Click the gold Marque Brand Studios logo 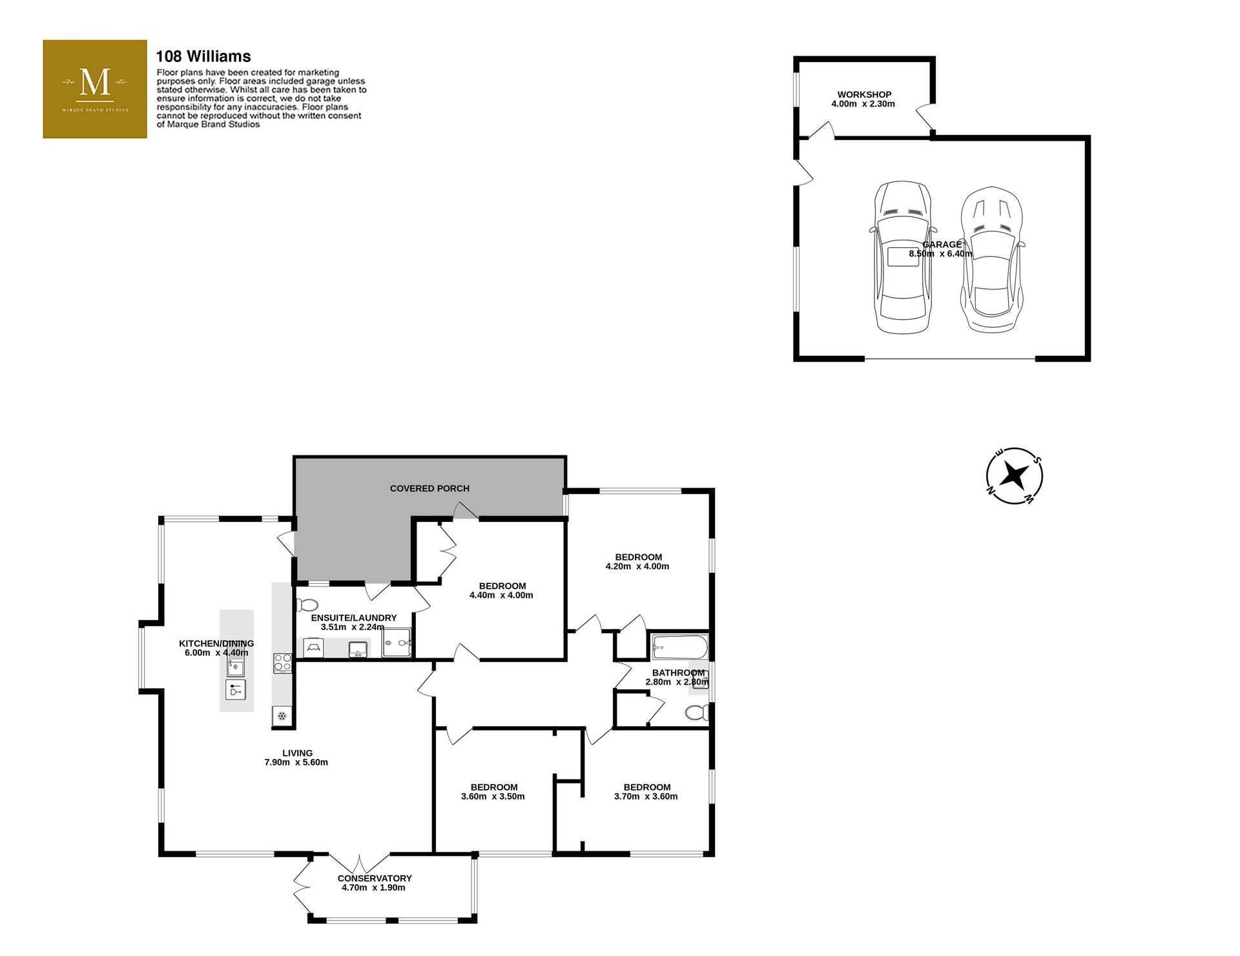point(95,89)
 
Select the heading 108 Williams point(203,56)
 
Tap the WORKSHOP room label point(864,94)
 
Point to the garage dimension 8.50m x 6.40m point(940,254)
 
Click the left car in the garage point(904,257)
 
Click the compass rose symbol point(1015,476)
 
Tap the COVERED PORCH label point(429,488)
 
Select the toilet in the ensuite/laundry point(307,605)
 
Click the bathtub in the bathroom point(680,646)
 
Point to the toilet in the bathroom point(697,712)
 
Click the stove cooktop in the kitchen point(283,663)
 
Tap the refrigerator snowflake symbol point(282,716)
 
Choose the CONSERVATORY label point(375,878)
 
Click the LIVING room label point(297,753)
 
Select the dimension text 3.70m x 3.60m point(646,796)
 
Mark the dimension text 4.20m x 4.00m point(637,566)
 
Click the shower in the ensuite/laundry point(397,643)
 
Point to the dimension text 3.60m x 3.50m point(493,796)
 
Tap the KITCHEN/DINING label point(216,643)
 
